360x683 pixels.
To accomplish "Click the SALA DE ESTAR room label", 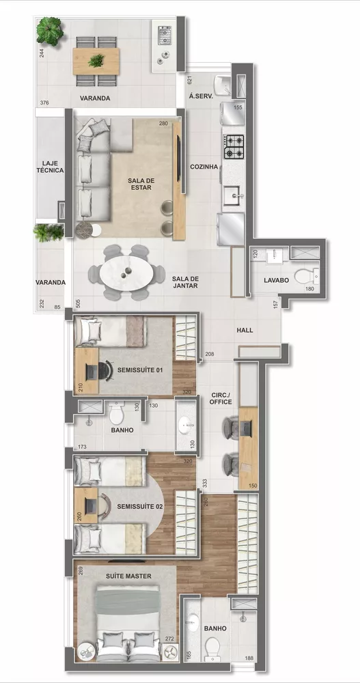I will pyautogui.click(x=141, y=184).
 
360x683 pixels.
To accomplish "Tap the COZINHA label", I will pyautogui.click(x=204, y=167).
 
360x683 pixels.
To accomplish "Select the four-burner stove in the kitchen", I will pyautogui.click(x=234, y=145).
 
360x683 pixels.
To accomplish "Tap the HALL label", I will pyautogui.click(x=245, y=331).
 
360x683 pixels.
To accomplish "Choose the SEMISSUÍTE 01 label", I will pyautogui.click(x=141, y=370).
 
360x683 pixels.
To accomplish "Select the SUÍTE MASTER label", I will pyautogui.click(x=129, y=576).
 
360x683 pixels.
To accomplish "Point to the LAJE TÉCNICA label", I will pyautogui.click(x=53, y=167).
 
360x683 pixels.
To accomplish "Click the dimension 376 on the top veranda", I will pyautogui.click(x=44, y=103).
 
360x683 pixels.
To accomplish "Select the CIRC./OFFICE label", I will pyautogui.click(x=221, y=398).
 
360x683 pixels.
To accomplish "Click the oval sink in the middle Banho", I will pyautogui.click(x=186, y=427).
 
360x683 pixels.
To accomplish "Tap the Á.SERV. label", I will pyautogui.click(x=201, y=97).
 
